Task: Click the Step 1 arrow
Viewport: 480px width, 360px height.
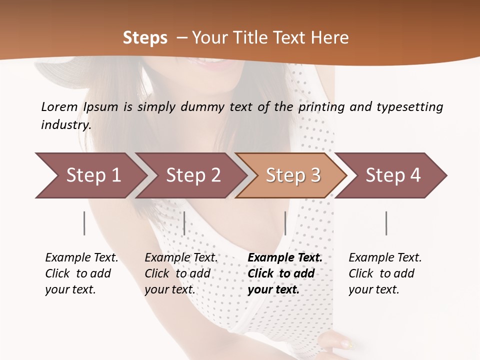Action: pyautogui.click(x=90, y=175)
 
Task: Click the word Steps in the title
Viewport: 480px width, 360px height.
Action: pyautogui.click(x=145, y=37)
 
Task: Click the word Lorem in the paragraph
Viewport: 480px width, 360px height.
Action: pyautogui.click(x=59, y=106)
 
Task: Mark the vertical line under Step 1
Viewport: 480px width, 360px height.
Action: pyautogui.click(x=84, y=223)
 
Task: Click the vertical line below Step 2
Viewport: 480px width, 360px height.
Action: pyautogui.click(x=184, y=223)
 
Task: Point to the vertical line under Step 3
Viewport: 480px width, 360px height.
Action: pyautogui.click(x=285, y=223)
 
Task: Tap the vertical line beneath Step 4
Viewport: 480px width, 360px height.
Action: pyautogui.click(x=386, y=223)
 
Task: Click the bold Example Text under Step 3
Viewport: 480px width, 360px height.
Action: pyautogui.click(x=285, y=257)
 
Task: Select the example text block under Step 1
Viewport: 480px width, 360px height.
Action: pyautogui.click(x=81, y=273)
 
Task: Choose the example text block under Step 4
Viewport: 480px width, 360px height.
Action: pyautogui.click(x=385, y=273)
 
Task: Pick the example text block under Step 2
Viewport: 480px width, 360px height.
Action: pyautogui.click(x=181, y=273)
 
